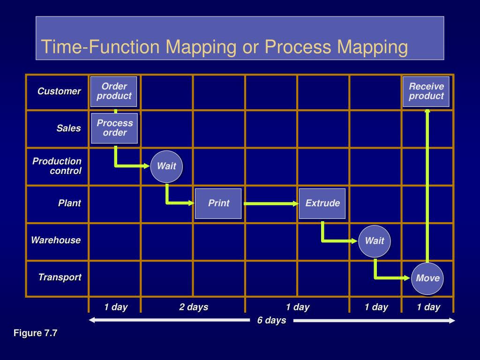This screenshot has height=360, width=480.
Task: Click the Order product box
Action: coord(114,91)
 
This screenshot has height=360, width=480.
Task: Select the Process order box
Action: coord(115,128)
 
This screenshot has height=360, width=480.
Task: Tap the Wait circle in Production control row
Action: coord(166,166)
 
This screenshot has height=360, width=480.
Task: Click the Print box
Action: coord(218,203)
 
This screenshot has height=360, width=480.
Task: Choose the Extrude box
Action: coord(322,203)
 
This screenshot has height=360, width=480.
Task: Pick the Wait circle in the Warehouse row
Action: coord(375,241)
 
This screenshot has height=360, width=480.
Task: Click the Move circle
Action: coord(427,278)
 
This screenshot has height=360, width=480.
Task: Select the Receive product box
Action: coord(426,91)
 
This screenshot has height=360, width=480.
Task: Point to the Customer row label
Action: coord(59,91)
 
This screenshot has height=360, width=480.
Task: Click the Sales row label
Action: coord(69,128)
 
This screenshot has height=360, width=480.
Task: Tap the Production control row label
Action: coord(57,166)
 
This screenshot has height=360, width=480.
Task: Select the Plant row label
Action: coord(69,203)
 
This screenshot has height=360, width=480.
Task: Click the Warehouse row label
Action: coord(56,240)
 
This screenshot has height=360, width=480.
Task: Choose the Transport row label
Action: coord(60,277)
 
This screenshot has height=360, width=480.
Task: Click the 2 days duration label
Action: coord(194,307)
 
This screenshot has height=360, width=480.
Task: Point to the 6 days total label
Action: coord(271,321)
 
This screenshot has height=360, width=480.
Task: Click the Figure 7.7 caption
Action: coord(35,333)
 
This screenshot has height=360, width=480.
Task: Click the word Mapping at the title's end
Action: coord(372,47)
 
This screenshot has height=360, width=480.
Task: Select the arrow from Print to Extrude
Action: coord(271,203)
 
